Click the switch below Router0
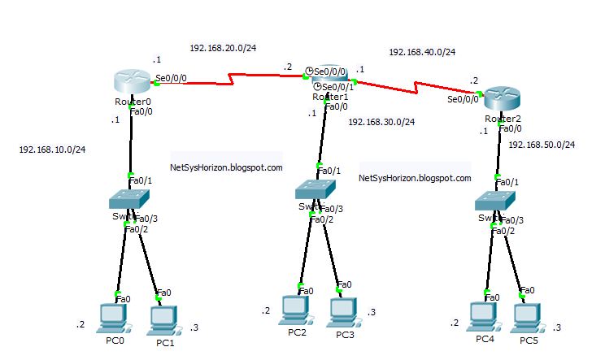click(130, 198)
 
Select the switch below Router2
click(497, 201)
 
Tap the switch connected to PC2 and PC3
click(316, 190)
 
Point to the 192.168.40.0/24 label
click(422, 52)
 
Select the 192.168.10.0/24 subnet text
click(52, 150)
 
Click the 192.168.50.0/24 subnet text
click(542, 145)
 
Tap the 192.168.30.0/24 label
click(381, 123)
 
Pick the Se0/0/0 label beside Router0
click(171, 79)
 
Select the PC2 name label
click(297, 333)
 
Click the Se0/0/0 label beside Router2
click(463, 100)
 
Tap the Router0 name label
click(133, 102)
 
